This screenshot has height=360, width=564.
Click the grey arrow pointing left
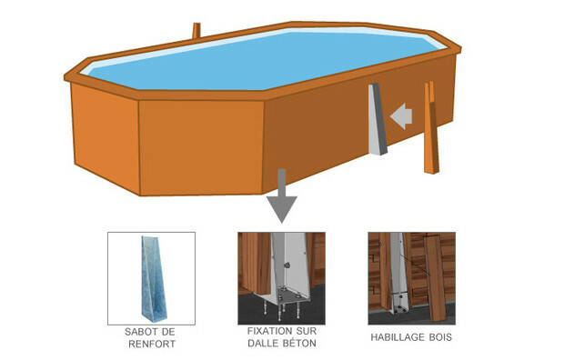402,116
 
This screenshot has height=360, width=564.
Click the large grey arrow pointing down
282,196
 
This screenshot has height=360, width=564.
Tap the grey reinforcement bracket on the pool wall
377,119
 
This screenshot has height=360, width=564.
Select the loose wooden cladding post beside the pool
431,128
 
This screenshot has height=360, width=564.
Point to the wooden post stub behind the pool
196,31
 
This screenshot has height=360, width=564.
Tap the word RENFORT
152,345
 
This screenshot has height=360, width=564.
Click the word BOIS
440,337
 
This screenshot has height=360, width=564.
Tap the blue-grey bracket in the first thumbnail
154,279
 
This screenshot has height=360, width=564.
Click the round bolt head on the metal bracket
287,265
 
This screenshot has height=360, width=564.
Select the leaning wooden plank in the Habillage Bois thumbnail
435,278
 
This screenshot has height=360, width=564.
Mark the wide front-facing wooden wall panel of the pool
201,148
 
